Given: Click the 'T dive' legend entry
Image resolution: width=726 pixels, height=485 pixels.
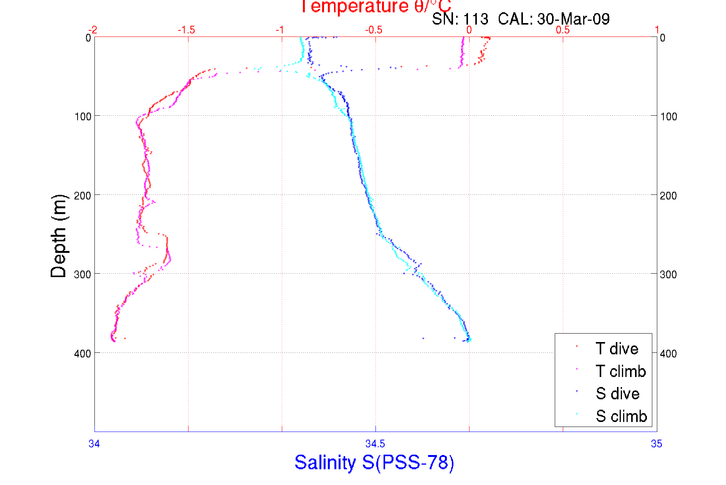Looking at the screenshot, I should tap(617, 349).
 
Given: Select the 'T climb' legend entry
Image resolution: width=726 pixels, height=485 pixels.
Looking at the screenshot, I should tap(620, 371).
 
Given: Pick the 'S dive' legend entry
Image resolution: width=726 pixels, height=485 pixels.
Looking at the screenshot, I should tap(617, 394).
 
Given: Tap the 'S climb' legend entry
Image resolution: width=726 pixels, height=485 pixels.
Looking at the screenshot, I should tap(621, 416).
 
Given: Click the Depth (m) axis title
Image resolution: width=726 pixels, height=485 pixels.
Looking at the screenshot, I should tap(59, 236).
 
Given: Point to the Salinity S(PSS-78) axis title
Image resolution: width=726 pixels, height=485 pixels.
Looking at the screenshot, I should tap(374, 462).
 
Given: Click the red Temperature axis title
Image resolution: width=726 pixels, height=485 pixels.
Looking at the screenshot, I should tap(375, 7).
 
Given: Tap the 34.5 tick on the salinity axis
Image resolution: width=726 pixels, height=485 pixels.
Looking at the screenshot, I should tap(375, 444).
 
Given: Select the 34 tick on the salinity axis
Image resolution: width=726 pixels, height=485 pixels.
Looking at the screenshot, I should tap(94, 444).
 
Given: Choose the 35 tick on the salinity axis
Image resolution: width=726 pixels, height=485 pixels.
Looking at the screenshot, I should tap(657, 444).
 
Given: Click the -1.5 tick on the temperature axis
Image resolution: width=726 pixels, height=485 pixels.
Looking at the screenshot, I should tap(186, 30).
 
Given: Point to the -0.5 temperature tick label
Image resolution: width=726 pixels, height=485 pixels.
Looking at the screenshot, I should tap(374, 30).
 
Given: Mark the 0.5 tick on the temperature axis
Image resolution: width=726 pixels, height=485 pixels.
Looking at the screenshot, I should tap(563, 30).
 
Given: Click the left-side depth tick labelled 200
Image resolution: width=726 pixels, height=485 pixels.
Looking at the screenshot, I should tap(83, 196).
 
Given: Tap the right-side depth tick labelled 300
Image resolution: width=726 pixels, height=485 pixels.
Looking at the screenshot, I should tap(668, 274).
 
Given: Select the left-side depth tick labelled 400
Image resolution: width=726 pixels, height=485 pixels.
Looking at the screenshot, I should tap(83, 354).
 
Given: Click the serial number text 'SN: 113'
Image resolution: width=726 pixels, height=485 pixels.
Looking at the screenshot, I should tap(460, 19).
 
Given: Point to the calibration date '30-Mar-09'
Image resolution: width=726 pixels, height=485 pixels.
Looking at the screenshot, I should tap(573, 19).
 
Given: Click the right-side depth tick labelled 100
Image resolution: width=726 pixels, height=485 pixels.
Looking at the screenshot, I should tap(668, 116).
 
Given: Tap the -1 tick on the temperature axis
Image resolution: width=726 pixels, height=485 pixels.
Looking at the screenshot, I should tap(280, 30).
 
